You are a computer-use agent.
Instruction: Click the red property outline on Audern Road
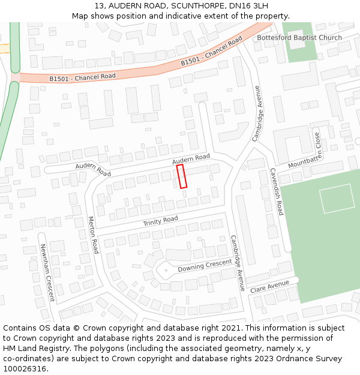click(182, 176)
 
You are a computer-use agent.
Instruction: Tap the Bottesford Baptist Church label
click(299, 38)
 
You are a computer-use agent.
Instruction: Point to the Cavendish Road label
click(276, 192)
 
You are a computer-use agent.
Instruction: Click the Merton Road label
click(93, 235)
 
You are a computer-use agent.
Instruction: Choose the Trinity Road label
click(160, 221)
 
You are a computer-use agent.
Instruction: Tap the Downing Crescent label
click(205, 265)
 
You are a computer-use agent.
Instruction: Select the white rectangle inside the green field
click(337, 199)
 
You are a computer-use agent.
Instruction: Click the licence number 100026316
click(25, 368)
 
